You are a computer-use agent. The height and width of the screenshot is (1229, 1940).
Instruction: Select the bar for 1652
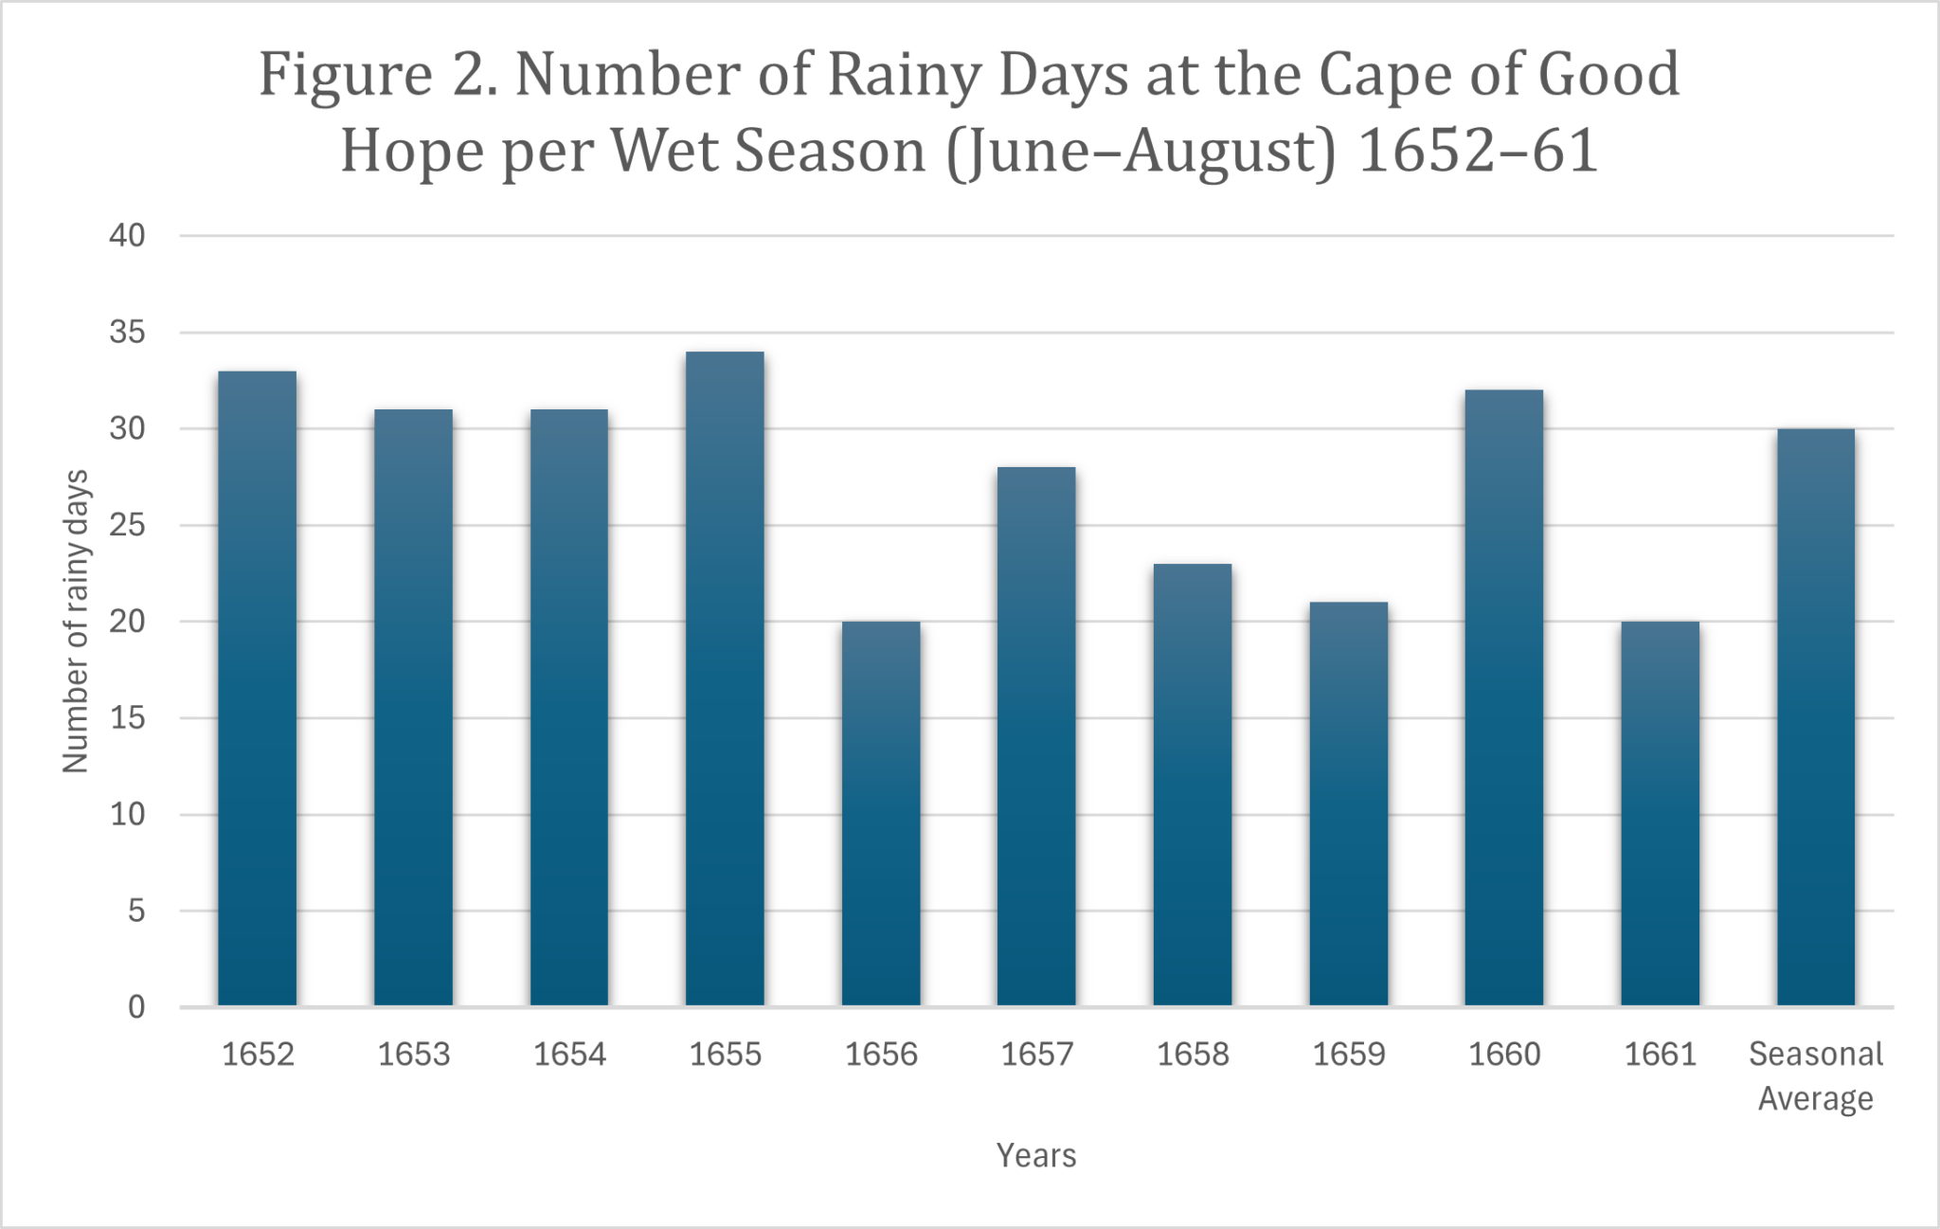[257, 688]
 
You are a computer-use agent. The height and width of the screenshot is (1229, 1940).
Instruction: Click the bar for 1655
[725, 678]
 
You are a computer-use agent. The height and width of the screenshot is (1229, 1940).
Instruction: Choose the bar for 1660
[1504, 697]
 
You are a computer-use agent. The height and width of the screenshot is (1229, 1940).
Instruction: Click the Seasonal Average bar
[1816, 717]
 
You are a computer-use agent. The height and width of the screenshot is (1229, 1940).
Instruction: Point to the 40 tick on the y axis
[127, 236]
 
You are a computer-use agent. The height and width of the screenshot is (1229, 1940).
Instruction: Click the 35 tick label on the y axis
[127, 333]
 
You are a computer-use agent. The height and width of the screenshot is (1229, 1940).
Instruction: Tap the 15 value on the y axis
[127, 718]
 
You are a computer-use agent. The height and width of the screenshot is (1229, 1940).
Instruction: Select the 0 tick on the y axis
[136, 1006]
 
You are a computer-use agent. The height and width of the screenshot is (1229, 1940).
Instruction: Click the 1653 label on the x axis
[414, 1055]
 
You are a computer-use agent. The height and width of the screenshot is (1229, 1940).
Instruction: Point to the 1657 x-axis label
[1037, 1055]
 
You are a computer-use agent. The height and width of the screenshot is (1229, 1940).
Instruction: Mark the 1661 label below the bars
[1660, 1055]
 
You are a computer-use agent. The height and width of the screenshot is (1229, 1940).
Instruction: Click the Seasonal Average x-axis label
[1816, 1076]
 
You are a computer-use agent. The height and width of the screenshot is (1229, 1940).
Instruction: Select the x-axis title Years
[1036, 1156]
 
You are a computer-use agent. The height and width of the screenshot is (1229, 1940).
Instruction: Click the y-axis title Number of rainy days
[76, 622]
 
